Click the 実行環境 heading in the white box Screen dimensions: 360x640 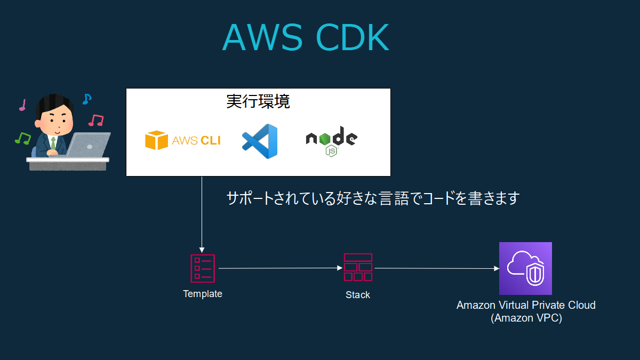click(258, 101)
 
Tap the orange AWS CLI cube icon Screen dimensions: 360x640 click(156, 140)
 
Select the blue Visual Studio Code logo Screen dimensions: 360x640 click(260, 141)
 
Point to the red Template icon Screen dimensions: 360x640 click(203, 268)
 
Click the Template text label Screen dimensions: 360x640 click(203, 294)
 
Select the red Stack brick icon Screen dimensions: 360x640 click(358, 267)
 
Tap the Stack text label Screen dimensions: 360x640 click(358, 295)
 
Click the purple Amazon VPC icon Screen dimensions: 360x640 click(525, 268)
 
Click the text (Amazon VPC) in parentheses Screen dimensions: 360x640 click(526, 318)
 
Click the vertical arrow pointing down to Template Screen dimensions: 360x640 click(202, 213)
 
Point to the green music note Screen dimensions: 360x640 click(22, 138)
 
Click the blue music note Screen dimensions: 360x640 click(87, 99)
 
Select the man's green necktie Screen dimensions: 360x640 click(53, 143)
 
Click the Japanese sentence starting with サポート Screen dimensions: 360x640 click(372, 199)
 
